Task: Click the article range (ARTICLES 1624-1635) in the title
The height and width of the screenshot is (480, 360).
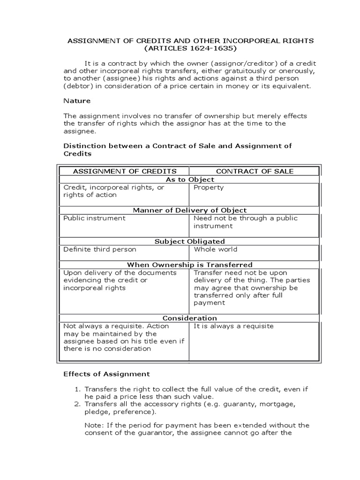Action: pos(191,49)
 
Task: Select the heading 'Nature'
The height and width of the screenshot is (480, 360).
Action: pos(77,100)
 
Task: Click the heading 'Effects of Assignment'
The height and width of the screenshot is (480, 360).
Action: pos(106,374)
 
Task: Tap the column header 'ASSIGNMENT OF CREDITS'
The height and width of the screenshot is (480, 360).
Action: pos(125,171)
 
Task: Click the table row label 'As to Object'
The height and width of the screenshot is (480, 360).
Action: pos(190,180)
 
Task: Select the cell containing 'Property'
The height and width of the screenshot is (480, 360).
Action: pos(209,187)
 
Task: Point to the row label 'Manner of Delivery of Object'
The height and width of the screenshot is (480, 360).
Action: pos(190,210)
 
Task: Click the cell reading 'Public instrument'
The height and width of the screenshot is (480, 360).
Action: pos(94,218)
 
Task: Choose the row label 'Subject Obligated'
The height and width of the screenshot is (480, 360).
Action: pos(190,241)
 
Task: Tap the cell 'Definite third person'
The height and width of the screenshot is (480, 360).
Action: pos(100,249)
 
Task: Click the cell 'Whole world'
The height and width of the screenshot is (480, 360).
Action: pos(216,249)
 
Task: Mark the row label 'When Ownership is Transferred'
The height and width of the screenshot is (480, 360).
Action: pos(190,265)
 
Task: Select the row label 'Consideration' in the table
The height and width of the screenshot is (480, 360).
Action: pos(190,318)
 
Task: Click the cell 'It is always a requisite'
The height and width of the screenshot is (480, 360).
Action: pos(233,326)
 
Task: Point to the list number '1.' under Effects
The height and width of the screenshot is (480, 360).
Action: pos(77,390)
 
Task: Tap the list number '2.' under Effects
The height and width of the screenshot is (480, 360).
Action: pos(77,405)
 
